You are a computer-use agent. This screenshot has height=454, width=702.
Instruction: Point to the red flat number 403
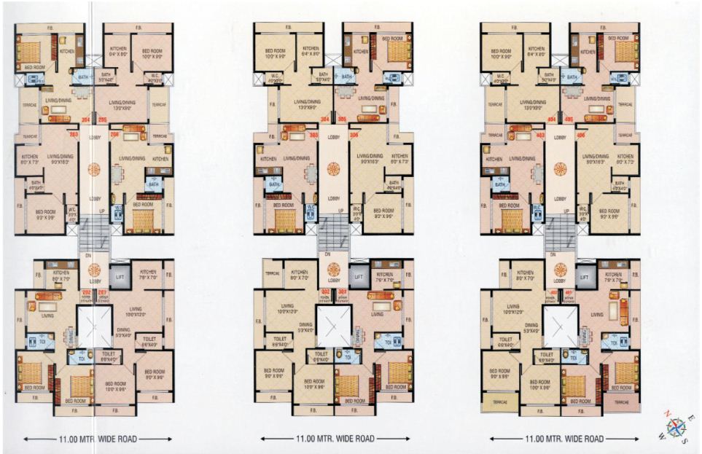(x=540, y=135)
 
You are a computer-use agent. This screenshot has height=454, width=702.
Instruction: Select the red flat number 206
(x=114, y=135)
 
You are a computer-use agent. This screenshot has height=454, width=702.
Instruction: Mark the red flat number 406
(x=580, y=135)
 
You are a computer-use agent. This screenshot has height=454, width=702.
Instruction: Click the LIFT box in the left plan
(x=120, y=275)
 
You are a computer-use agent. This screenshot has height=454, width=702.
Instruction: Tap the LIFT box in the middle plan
(x=358, y=276)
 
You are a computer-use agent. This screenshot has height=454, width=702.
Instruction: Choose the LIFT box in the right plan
(x=584, y=276)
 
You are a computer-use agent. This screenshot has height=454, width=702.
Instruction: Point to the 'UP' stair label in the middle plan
(x=341, y=211)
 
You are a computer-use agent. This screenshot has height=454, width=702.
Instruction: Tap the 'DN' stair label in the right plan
(x=552, y=254)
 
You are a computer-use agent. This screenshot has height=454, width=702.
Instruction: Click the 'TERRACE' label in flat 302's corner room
(x=272, y=274)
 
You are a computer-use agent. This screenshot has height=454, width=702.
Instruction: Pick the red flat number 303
(x=313, y=135)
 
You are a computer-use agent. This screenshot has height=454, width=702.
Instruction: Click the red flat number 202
(x=87, y=293)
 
